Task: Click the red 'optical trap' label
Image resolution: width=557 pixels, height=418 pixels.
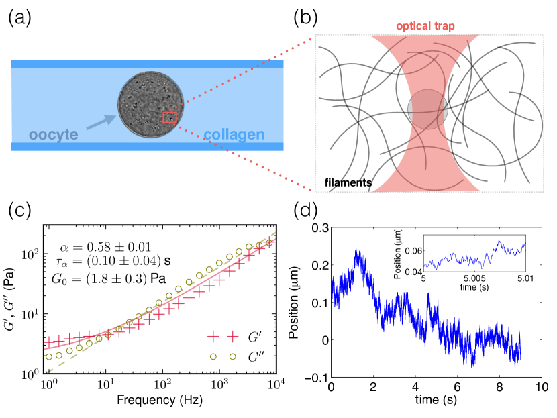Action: click(x=425, y=26)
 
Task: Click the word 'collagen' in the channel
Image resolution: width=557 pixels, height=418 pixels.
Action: click(x=234, y=135)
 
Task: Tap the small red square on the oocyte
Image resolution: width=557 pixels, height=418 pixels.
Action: click(x=169, y=118)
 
